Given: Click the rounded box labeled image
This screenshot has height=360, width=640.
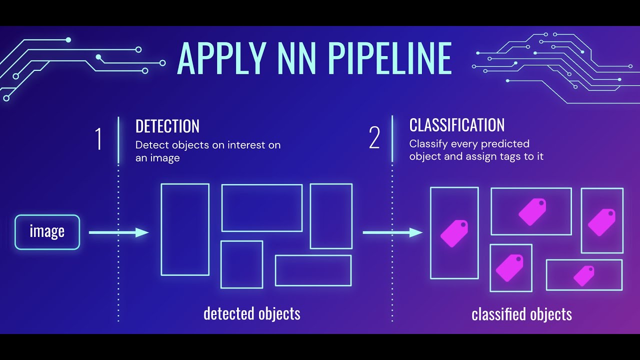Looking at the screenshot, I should pyautogui.click(x=47, y=232).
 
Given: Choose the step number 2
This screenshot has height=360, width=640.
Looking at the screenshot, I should pyautogui.click(x=374, y=138).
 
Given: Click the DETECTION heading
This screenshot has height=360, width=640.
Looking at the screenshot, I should pyautogui.click(x=167, y=126).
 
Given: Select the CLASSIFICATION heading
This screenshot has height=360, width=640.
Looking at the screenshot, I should pyautogui.click(x=456, y=125).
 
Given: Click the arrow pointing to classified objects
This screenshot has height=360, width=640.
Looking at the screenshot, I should pyautogui.click(x=392, y=232).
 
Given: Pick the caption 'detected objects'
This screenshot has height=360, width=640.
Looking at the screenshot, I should pyautogui.click(x=251, y=313).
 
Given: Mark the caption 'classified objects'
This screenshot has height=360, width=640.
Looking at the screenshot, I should pyautogui.click(x=521, y=314).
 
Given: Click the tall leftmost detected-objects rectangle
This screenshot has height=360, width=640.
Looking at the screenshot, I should pyautogui.click(x=185, y=229).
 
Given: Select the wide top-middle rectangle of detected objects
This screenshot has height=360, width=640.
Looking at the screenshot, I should pyautogui.click(x=262, y=208).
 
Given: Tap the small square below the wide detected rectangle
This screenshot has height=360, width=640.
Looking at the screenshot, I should pyautogui.click(x=241, y=264).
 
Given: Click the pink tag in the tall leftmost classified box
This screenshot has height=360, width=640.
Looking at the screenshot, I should pyautogui.click(x=454, y=233).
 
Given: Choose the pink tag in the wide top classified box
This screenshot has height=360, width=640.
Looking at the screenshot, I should pyautogui.click(x=532, y=211).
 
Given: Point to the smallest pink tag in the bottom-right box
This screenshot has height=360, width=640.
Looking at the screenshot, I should pyautogui.click(x=583, y=275).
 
